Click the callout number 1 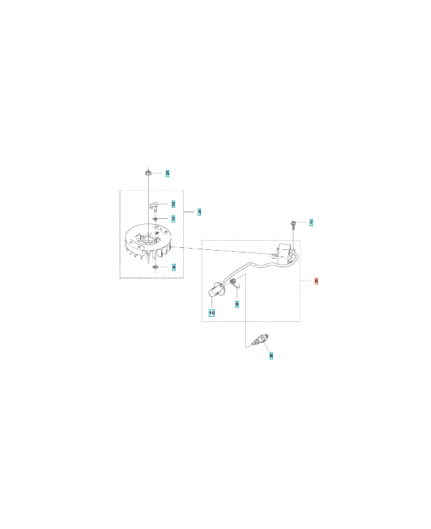tap(200, 212)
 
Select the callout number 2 tap(173, 204)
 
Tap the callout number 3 tap(173, 218)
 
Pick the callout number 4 tap(173, 267)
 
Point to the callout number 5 tap(167, 173)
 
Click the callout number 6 tap(271, 355)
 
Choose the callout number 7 tap(311, 222)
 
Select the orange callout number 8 tap(317, 281)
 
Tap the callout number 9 tap(237, 304)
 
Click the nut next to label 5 tap(149, 173)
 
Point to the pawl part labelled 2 tap(152, 205)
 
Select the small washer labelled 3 tap(154, 218)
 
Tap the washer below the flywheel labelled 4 tap(154, 267)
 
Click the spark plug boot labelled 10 tap(214, 290)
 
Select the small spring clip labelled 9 tap(235, 285)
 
